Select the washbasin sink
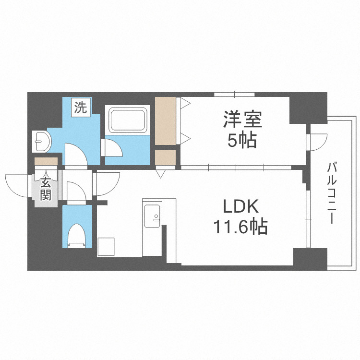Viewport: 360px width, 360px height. point(42,141)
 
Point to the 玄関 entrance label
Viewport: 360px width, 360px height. point(46,188)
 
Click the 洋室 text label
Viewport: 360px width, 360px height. point(242,119)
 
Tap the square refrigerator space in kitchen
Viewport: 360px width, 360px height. point(107,247)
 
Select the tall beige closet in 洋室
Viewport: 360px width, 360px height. point(165,120)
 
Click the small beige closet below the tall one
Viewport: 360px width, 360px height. point(165,157)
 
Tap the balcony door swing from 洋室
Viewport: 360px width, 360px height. point(317,140)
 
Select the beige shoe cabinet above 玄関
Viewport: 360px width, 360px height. point(46,161)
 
